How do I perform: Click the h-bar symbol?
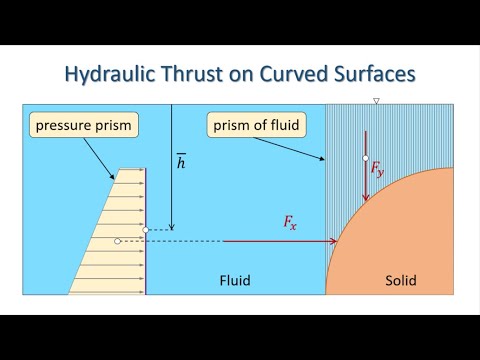pyautogui.click(x=180, y=161)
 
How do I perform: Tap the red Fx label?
pyautogui.click(x=290, y=224)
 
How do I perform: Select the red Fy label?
pyautogui.click(x=377, y=170)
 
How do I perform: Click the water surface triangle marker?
pyautogui.click(x=376, y=101)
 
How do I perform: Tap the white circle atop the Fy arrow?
pyautogui.click(x=366, y=158)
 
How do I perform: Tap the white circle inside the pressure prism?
pyautogui.click(x=118, y=241)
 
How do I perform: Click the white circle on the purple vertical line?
pyautogui.click(x=147, y=230)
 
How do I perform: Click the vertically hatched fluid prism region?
pyautogui.click(x=345, y=150)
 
